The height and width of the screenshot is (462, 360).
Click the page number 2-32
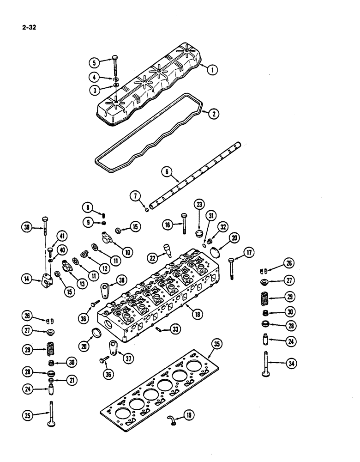point(28,27)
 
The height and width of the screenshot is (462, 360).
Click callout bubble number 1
point(212,70)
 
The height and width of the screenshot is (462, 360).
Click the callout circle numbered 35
point(216,343)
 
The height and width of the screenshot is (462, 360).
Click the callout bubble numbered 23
point(199,206)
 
